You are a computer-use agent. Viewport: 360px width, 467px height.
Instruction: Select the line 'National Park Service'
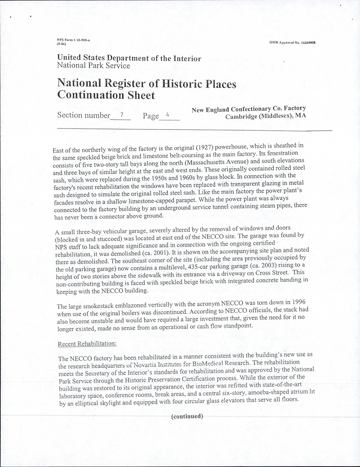[x=93, y=66]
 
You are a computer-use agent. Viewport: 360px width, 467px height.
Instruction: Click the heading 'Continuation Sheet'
[x=106, y=95]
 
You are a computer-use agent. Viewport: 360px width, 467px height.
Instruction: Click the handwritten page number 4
[x=167, y=115]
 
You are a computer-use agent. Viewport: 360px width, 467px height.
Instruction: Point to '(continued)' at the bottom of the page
[x=187, y=416]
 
